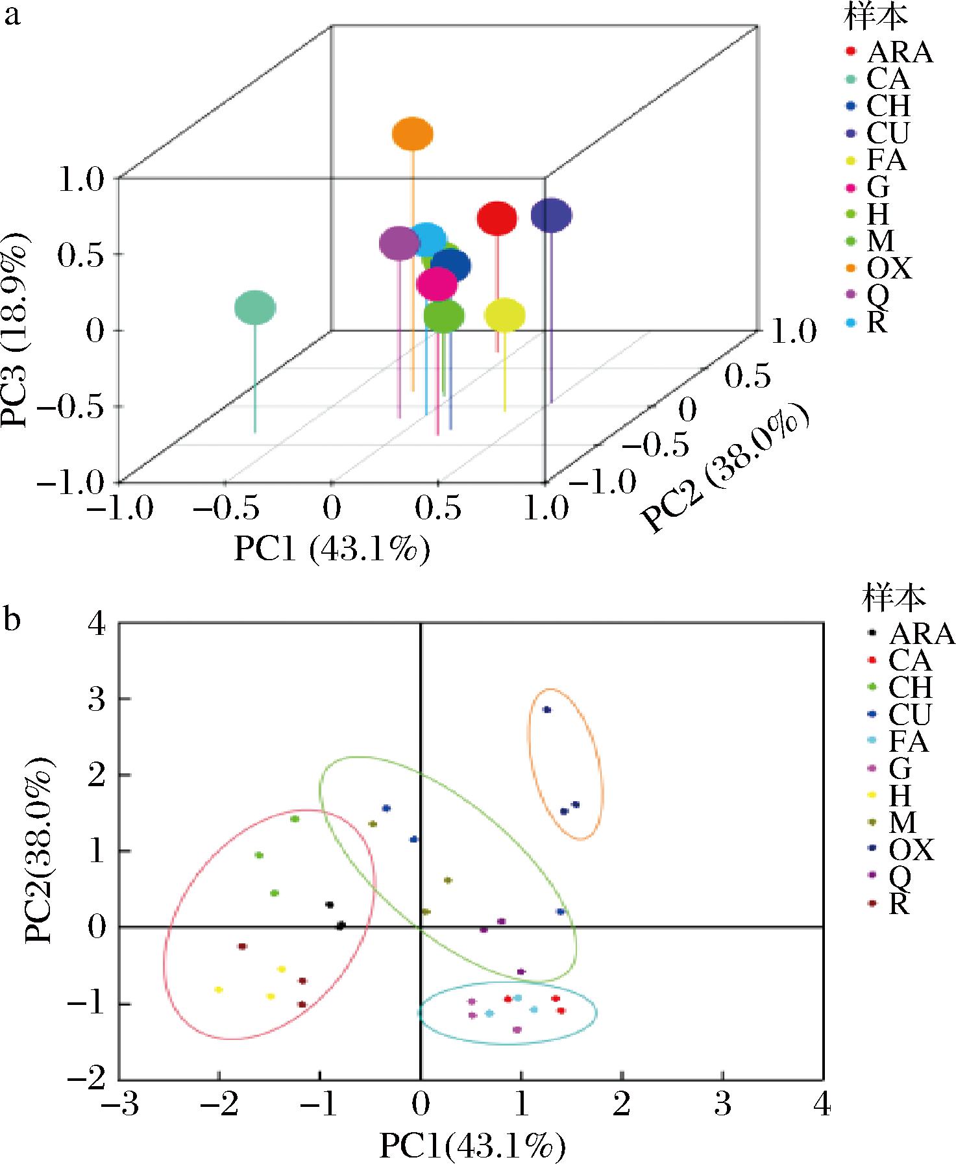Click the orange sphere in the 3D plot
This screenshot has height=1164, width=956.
pyautogui.click(x=413, y=134)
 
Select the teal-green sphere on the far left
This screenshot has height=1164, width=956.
pyautogui.click(x=255, y=308)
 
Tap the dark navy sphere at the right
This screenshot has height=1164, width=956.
pyautogui.click(x=551, y=216)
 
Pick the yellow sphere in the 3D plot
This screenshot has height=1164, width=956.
pyautogui.click(x=504, y=316)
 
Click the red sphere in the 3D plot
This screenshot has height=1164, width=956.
pyautogui.click(x=497, y=219)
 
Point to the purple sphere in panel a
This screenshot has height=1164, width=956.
pyautogui.click(x=399, y=243)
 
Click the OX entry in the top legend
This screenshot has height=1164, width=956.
pyautogui.click(x=889, y=268)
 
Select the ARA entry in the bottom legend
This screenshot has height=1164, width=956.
pyautogui.click(x=921, y=632)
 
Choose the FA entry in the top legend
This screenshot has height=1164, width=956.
pyautogui.click(x=886, y=160)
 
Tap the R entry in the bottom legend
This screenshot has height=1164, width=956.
pyautogui.click(x=898, y=905)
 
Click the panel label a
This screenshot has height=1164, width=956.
pyautogui.click(x=12, y=14)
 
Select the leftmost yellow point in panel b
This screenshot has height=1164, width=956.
pyautogui.click(x=219, y=989)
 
